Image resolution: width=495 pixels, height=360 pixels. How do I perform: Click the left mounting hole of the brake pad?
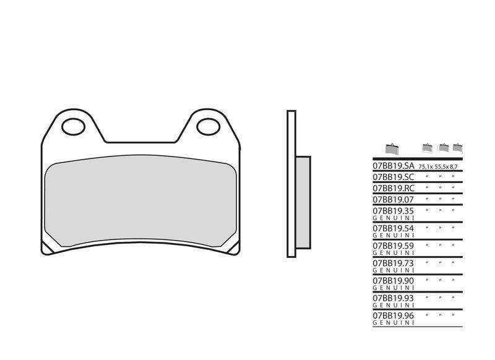tap(74, 127)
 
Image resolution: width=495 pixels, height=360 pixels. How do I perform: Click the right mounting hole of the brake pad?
tap(208, 127)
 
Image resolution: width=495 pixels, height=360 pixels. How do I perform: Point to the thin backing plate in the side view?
tap(291, 183)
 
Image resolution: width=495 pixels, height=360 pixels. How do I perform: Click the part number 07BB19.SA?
tap(393, 166)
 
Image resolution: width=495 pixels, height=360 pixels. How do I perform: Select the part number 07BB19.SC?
tap(393, 177)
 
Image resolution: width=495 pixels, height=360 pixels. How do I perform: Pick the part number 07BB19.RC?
tap(393, 188)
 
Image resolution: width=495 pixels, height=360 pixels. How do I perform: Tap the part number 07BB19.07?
tap(393, 199)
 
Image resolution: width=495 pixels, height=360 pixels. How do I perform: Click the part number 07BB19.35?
tap(393, 210)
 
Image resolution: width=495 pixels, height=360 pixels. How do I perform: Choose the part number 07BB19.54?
tap(393, 228)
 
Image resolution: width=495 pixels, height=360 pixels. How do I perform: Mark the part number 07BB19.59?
tap(393, 246)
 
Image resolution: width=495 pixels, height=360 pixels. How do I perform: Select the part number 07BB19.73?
tap(393, 263)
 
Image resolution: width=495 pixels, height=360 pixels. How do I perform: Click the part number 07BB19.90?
tap(393, 280)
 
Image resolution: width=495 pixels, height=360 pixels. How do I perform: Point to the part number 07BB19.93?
tap(393, 298)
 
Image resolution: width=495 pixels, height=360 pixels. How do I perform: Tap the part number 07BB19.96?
tap(393, 315)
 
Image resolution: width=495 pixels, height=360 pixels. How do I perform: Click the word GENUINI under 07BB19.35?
tap(393, 218)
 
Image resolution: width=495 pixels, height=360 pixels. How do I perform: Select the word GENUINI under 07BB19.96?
tap(393, 322)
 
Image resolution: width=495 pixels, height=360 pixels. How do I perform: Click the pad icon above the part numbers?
tap(391, 148)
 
